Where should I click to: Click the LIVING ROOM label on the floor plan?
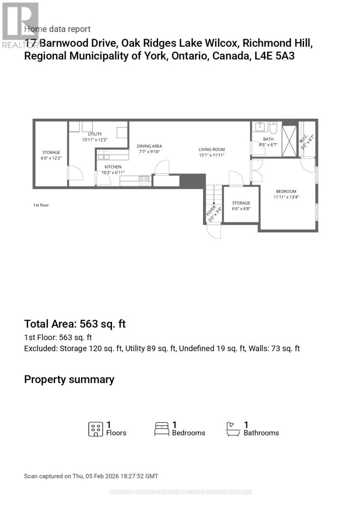click(212, 149)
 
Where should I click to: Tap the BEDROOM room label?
click(286, 191)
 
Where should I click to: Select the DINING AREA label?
click(149, 146)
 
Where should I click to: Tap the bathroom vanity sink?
click(259, 127)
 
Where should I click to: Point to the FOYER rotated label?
click(211, 214)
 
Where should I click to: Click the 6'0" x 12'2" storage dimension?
click(51, 158)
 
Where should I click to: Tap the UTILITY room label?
click(95, 134)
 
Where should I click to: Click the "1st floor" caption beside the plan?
click(41, 205)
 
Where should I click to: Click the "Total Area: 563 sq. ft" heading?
click(75, 324)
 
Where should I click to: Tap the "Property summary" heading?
click(69, 379)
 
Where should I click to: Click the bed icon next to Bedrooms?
click(162, 429)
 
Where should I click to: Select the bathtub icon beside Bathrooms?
click(233, 429)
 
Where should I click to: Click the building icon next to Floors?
click(95, 429)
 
